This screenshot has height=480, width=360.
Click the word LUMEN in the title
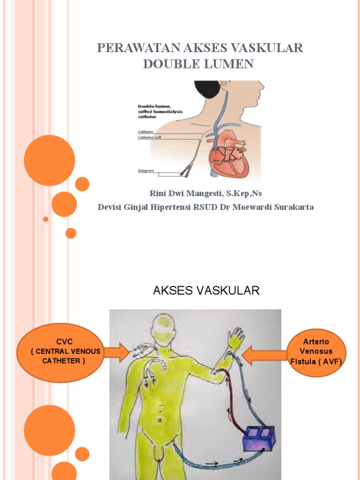pos(230,64)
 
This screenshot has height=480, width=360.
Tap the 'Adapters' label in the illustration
pos(146,171)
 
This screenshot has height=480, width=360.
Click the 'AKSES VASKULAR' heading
pos(206,291)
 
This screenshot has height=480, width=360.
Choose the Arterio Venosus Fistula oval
pos(316,352)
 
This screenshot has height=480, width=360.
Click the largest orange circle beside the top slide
pos(49,160)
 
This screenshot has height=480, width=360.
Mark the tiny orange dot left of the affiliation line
pos(45,219)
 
